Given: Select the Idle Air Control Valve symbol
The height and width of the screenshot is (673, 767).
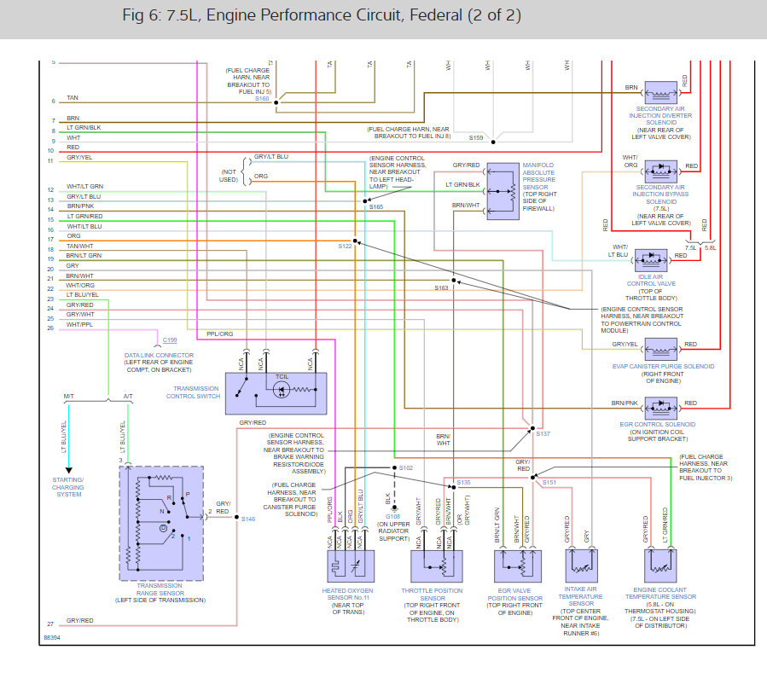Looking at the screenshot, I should [x=656, y=256].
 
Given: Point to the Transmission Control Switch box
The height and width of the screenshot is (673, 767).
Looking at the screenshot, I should [x=277, y=392].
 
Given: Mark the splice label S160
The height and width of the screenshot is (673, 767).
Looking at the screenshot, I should [x=262, y=99].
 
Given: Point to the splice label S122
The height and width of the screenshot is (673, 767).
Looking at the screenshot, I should [x=345, y=247].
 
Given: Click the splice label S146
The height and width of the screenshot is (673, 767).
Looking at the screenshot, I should [x=247, y=519].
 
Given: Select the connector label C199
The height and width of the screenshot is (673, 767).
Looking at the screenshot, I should [x=170, y=340].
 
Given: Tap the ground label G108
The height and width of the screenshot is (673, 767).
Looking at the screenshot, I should [x=392, y=516].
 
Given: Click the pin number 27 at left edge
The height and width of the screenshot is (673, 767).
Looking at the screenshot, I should [x=50, y=624].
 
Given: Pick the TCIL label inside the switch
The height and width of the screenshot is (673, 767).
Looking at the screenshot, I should [x=282, y=376].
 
